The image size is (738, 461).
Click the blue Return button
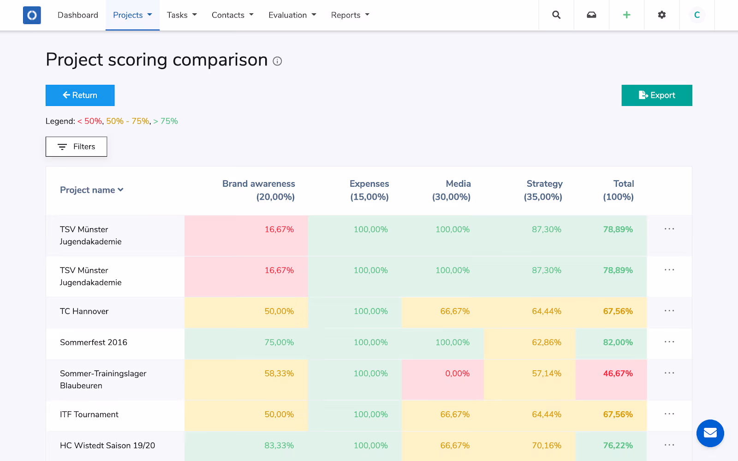pos(80,95)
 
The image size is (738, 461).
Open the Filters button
pos(77,147)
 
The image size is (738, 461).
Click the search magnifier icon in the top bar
pos(556,15)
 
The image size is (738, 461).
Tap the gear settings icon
pos(661,15)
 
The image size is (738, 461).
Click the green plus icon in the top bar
pos(627,15)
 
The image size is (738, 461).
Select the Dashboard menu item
pos(78,15)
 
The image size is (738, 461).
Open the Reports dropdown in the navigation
pos(350,15)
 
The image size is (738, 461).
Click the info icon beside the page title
pos(277,61)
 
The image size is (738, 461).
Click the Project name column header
pos(92,190)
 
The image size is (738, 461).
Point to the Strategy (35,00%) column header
pos(543,190)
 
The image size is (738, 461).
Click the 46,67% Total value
pos(618,373)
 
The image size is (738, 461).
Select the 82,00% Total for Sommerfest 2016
pos(618,343)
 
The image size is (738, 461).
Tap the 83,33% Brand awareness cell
pos(279,445)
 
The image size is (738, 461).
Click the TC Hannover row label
pos(84,311)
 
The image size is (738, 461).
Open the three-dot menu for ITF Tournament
pos(669,414)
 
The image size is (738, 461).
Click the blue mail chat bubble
pos(710,433)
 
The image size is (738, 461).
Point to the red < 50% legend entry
pos(89,121)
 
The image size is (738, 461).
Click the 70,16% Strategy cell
pos(547,445)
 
